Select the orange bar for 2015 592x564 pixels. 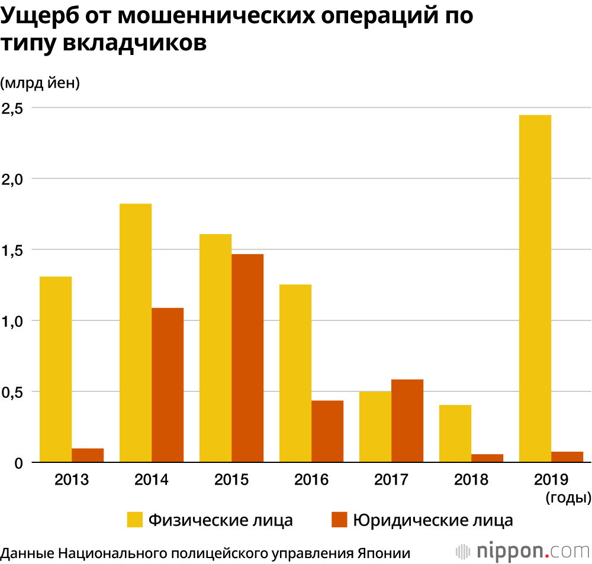click(247, 358)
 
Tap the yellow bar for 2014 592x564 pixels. click(136, 333)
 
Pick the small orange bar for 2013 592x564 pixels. click(88, 455)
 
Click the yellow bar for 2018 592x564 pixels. click(455, 433)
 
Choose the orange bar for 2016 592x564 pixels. click(327, 432)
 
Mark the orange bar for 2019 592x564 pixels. click(567, 457)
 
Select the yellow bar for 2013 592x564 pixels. click(56, 369)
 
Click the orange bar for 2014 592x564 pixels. click(168, 385)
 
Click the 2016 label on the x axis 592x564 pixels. click(311, 479)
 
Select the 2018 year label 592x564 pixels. click(471, 479)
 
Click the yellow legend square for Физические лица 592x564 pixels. click(136, 520)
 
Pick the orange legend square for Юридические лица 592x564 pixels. click(339, 520)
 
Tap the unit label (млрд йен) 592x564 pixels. click(40, 83)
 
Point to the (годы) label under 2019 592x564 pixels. click(568, 498)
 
